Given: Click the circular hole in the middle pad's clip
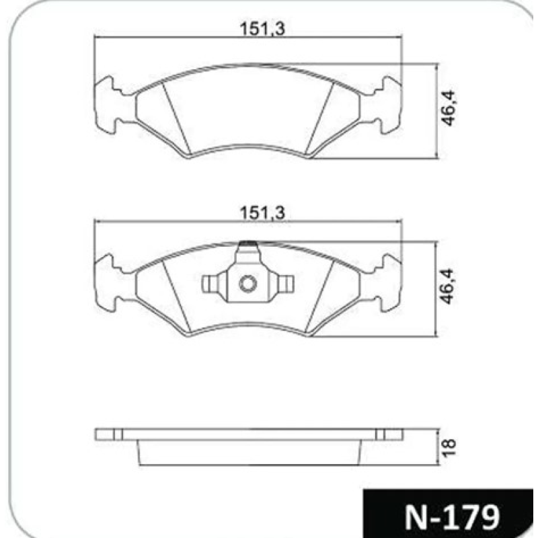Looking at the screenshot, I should [x=247, y=285].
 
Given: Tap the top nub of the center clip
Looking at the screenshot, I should [x=248, y=247].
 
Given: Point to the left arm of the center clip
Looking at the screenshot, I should [x=213, y=284].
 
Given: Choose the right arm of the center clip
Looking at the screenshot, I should [x=283, y=284].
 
